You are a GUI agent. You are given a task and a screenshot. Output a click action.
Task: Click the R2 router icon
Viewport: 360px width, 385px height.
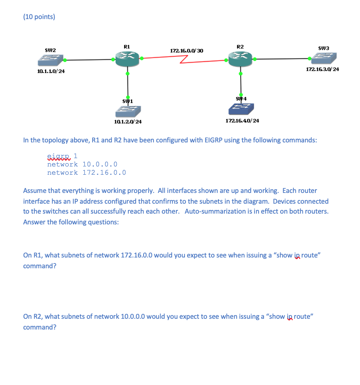coord(240,59)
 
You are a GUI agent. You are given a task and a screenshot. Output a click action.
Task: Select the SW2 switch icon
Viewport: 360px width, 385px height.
coord(50,60)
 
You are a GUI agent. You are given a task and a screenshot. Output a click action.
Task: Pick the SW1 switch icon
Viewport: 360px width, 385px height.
coord(128,111)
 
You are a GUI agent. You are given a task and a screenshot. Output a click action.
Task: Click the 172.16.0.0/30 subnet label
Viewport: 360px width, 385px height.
coord(187,51)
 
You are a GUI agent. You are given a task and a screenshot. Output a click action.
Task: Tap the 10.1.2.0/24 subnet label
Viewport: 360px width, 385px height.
coord(128,122)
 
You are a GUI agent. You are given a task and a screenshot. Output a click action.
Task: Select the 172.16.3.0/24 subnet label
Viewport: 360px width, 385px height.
coord(322,69)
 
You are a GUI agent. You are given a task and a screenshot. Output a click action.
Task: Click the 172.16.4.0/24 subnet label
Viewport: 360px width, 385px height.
coord(242,120)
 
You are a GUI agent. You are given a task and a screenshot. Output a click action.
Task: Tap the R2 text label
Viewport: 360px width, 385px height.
coord(240,46)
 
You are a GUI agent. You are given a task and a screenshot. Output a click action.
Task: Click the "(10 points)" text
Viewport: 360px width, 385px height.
coord(39,17)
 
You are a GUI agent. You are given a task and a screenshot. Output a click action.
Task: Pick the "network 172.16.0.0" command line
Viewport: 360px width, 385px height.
coord(86,173)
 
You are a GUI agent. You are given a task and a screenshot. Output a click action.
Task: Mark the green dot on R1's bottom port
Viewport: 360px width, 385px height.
coord(127,74)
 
